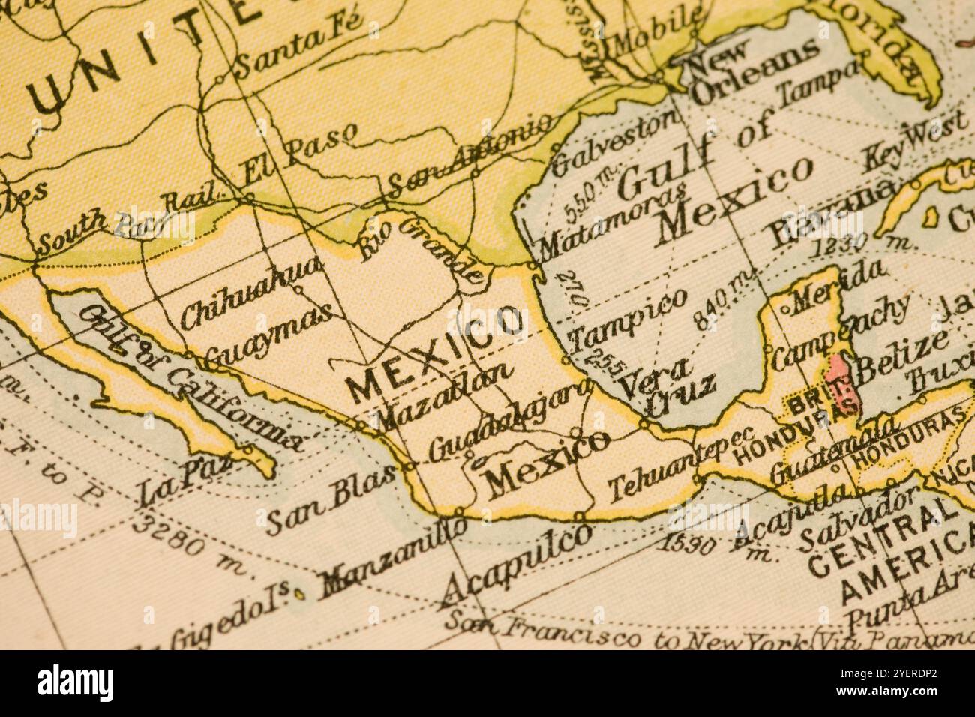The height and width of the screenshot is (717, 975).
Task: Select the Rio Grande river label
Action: point(420,247)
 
